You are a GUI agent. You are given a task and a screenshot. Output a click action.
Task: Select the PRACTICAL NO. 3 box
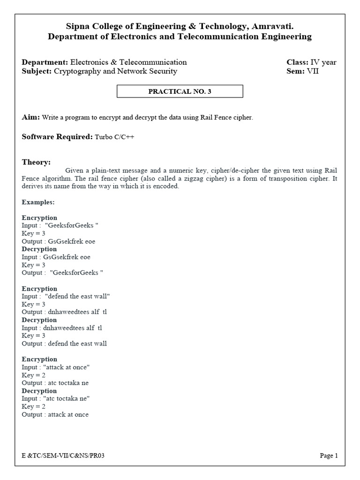[180, 91]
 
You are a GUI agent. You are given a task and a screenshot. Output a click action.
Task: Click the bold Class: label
[297, 62]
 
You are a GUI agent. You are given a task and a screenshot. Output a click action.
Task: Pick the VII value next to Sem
[313, 71]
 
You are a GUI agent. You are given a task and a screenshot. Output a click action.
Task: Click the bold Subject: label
[37, 71]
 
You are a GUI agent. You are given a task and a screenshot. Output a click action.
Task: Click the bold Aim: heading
[31, 117]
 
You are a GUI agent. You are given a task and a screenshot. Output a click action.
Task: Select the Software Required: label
[57, 137]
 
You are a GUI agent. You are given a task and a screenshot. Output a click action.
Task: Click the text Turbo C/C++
[114, 137]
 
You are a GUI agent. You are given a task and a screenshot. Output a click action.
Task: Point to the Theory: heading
[36, 162]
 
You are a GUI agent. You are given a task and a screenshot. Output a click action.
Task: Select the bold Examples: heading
[38, 202]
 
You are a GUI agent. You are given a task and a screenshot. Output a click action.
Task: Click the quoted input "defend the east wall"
[77, 296]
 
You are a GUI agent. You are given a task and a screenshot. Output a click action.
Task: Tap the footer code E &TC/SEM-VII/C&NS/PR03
[63, 455]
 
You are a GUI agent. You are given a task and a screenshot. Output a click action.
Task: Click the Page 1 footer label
[329, 455]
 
